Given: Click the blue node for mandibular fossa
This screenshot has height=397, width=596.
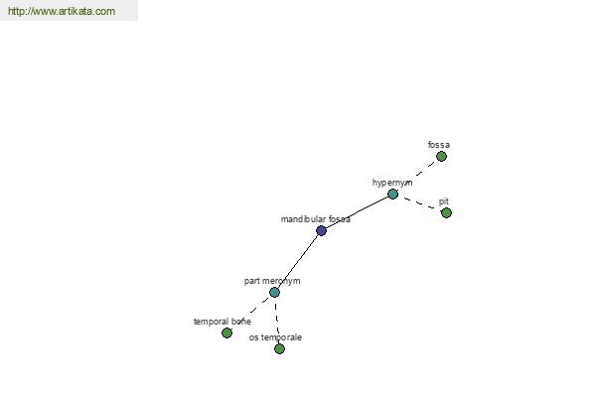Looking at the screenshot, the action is pyautogui.click(x=321, y=230).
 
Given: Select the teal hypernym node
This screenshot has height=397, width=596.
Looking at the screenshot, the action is pyautogui.click(x=392, y=195).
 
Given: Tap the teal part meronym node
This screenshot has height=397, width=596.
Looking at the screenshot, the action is pyautogui.click(x=274, y=292).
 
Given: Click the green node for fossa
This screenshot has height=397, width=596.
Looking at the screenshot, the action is pyautogui.click(x=441, y=156).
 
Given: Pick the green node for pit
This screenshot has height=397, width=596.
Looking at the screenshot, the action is pyautogui.click(x=446, y=212).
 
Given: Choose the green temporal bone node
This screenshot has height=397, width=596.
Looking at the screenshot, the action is pyautogui.click(x=226, y=332).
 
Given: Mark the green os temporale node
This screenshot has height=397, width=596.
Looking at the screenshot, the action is pyautogui.click(x=279, y=348).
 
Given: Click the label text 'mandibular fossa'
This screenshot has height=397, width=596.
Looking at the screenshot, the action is pyautogui.click(x=316, y=219).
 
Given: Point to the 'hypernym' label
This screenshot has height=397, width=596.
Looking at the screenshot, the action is pyautogui.click(x=392, y=183).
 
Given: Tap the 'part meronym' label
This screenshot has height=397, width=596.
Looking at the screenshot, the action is pyautogui.click(x=272, y=281).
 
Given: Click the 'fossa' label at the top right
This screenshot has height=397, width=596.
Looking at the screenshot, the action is pyautogui.click(x=439, y=145).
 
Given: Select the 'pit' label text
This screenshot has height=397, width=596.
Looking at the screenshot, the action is pyautogui.click(x=444, y=201).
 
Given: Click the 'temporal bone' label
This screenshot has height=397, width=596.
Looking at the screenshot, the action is pyautogui.click(x=223, y=322).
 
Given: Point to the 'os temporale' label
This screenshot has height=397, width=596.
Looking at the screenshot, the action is pyautogui.click(x=275, y=337).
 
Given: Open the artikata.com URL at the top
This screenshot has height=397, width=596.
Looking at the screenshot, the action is pyautogui.click(x=62, y=11).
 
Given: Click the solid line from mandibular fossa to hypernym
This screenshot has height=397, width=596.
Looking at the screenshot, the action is pyautogui.click(x=357, y=212).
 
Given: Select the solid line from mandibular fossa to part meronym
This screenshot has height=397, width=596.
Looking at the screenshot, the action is pyautogui.click(x=298, y=261).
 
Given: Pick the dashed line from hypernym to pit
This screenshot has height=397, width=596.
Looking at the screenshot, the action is pyautogui.click(x=419, y=203).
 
